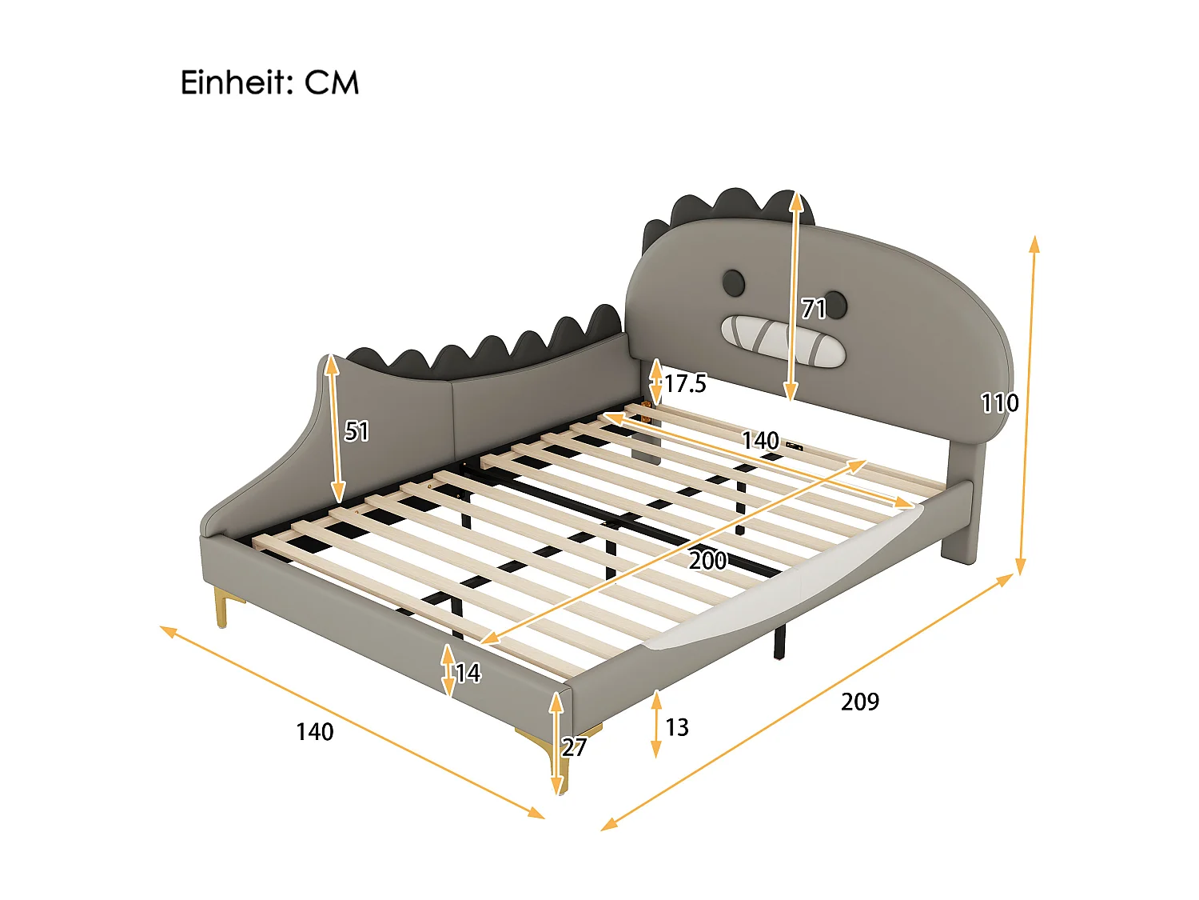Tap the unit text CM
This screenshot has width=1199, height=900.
click(332, 83)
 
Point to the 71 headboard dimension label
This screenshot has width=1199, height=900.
click(814, 308)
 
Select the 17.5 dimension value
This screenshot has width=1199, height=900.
click(686, 384)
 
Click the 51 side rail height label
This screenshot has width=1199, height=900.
click(357, 432)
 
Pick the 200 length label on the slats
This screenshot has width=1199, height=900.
click(708, 560)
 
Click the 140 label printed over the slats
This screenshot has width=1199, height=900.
click(760, 441)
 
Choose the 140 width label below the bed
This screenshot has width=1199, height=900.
click(315, 732)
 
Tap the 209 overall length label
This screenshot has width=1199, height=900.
click(860, 702)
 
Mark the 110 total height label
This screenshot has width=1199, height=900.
click(1000, 402)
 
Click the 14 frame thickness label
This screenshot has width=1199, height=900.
click(468, 674)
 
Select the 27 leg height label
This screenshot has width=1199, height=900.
click(574, 747)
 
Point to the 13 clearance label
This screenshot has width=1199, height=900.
click(677, 727)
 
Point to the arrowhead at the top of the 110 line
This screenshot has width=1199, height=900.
click(1034, 242)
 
